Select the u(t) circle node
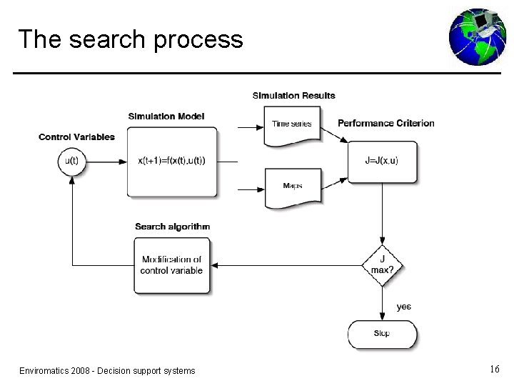tap(71, 161)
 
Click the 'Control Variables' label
tap(76, 137)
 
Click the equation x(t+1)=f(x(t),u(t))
tap(171, 161)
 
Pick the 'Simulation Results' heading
tap(293, 96)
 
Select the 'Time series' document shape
tap(292, 125)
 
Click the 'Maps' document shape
tap(292, 187)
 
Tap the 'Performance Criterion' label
tap(385, 123)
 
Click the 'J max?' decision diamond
tap(382, 264)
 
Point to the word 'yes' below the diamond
tap(404, 307)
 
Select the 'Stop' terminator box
tap(382, 334)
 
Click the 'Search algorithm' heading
tap(172, 227)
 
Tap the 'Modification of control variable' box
tap(172, 265)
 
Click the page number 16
tap(495, 370)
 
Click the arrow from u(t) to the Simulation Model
tap(106, 161)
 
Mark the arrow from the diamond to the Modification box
tap(286, 265)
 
